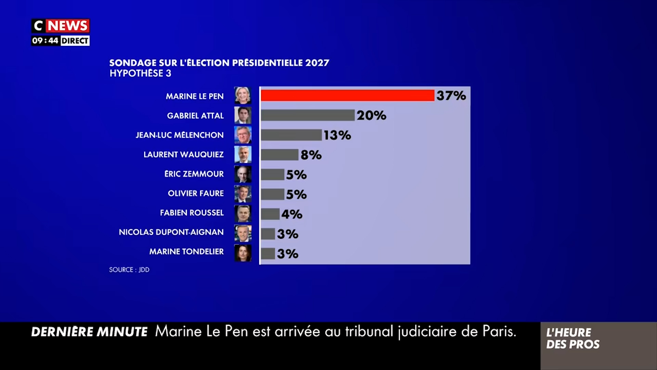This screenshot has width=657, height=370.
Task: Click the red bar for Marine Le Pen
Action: coord(347,96)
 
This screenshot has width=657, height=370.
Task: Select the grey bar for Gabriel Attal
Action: coord(307,115)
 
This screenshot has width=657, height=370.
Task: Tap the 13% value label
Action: coord(337,135)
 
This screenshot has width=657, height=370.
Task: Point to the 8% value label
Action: coord(311,155)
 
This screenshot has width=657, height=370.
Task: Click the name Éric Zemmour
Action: coord(194,174)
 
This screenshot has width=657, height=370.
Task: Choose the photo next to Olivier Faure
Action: coord(243,194)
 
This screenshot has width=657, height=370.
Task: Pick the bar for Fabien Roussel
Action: coord(270,214)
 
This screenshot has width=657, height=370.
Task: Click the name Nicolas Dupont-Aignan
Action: coord(171,232)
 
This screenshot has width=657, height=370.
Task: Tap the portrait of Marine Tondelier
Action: coord(243,253)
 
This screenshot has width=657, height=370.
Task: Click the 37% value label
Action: coord(451,96)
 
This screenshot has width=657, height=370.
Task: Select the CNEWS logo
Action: coord(61,26)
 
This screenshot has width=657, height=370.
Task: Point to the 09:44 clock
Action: coord(45,41)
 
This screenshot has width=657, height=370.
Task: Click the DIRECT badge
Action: coord(75,41)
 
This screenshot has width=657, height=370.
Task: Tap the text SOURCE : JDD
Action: coord(129,270)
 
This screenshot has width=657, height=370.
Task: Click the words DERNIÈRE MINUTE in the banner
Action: coord(89,332)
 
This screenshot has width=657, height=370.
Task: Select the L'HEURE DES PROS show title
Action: coord(572,338)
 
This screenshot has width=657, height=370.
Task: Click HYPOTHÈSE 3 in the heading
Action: coord(140,73)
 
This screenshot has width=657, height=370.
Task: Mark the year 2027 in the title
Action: coord(317,63)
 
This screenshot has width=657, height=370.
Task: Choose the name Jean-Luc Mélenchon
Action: coord(180,135)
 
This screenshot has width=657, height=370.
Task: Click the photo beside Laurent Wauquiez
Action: coord(243,155)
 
